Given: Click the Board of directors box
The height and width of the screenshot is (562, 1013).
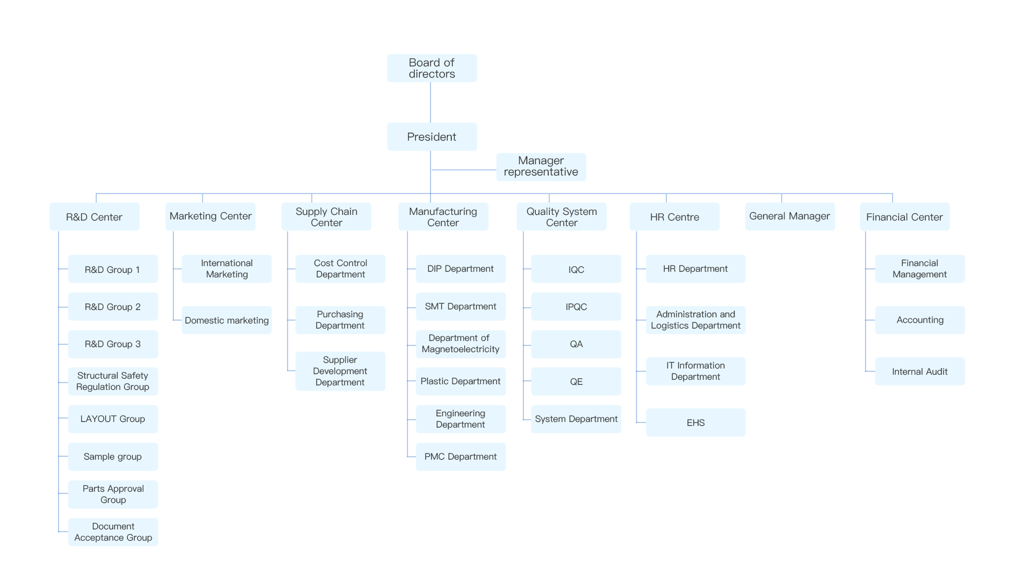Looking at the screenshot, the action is (432, 68).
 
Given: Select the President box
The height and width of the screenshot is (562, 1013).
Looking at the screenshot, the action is (432, 137).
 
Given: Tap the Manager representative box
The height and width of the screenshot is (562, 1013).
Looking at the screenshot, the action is (541, 167).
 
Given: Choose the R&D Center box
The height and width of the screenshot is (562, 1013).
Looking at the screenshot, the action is (94, 217).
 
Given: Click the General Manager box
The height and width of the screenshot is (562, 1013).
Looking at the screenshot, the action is (790, 217).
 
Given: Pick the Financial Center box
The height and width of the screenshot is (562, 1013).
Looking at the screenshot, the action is (904, 217).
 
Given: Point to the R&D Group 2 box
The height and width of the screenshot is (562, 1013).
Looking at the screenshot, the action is (113, 307).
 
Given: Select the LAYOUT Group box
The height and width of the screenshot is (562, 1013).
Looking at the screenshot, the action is (113, 419).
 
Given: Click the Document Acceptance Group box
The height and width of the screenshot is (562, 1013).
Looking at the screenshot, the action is (113, 532).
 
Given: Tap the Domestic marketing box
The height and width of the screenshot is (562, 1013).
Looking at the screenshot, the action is (227, 320).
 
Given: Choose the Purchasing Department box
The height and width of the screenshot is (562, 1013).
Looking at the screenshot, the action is (340, 320).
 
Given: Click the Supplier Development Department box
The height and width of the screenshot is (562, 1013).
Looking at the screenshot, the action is (340, 371).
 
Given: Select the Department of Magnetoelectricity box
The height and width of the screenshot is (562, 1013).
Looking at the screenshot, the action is (460, 344).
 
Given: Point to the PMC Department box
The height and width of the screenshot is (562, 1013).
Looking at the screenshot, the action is (460, 457).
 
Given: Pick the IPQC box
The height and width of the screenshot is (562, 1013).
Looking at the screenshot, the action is (576, 307).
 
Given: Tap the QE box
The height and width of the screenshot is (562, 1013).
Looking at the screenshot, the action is (576, 381).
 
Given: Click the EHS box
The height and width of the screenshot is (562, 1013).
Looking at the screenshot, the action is (696, 422).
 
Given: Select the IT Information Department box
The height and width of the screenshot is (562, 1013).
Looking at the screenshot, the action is (696, 371).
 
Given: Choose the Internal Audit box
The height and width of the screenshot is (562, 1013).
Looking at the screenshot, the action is (920, 371).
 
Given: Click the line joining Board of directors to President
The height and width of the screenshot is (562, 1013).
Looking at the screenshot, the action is (431, 102).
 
